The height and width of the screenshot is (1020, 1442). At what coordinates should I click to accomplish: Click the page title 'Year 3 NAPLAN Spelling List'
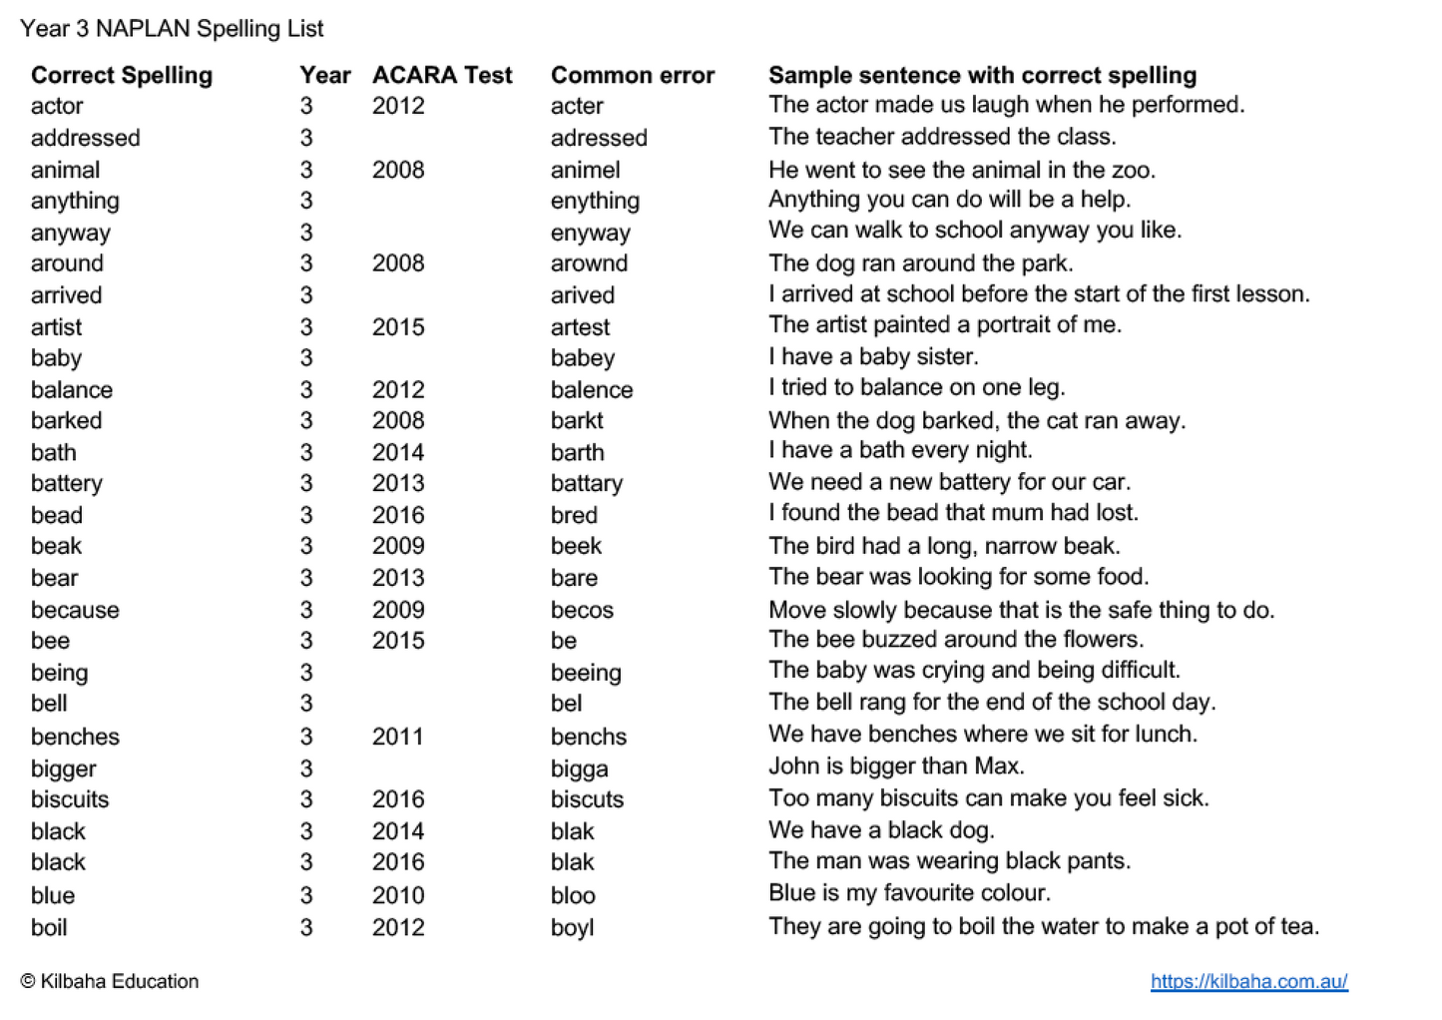172,28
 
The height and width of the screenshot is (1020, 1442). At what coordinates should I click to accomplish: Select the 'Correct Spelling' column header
122,75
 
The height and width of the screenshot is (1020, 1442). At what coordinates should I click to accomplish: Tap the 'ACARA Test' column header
442,75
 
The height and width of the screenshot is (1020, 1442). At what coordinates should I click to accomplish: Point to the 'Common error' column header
633,75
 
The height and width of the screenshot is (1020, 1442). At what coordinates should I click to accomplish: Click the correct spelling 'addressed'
85,138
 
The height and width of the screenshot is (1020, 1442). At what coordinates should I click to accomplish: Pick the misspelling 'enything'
595,201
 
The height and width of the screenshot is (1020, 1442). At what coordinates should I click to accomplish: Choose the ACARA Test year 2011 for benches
398,737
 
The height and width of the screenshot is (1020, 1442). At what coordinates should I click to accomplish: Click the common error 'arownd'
589,263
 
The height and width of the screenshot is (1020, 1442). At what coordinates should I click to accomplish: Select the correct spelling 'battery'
67,484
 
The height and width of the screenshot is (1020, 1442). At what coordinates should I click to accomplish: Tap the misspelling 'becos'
582,610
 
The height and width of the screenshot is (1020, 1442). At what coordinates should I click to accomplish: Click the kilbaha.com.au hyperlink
1248,981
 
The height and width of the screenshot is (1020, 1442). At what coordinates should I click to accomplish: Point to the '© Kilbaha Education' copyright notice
110,981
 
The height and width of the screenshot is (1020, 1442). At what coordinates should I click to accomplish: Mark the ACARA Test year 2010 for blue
398,895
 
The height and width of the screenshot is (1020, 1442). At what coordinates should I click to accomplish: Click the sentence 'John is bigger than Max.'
896,766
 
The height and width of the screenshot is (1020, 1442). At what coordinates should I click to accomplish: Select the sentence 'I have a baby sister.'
873,356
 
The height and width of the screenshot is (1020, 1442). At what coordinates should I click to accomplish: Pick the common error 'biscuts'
587,799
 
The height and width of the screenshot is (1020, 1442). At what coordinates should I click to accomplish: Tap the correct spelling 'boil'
49,927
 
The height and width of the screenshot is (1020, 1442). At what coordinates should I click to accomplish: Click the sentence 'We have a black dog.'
881,830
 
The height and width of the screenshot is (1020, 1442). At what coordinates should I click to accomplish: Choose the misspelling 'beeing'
586,674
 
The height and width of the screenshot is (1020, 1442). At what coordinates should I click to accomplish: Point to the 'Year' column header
324,75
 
